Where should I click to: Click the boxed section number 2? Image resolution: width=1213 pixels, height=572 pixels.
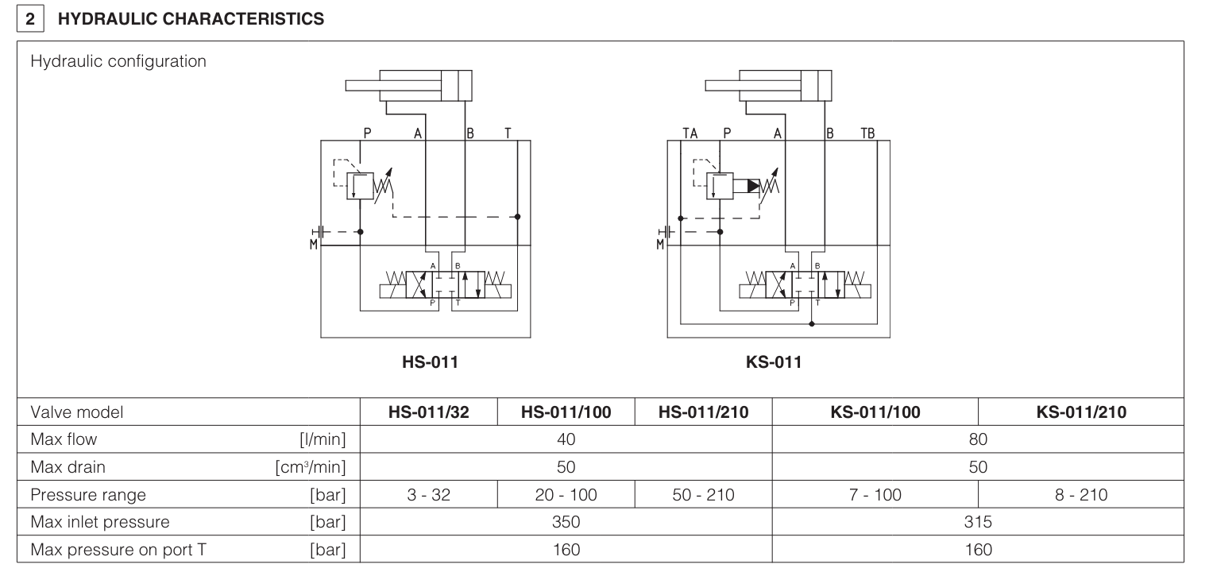tap(29, 19)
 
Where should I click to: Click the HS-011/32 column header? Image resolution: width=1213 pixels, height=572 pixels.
tap(429, 412)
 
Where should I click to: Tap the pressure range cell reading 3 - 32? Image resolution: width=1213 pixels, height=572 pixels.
tap(429, 495)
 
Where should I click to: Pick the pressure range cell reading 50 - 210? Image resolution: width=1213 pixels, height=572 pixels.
tap(704, 495)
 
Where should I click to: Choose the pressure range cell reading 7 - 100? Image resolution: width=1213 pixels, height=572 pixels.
tap(875, 495)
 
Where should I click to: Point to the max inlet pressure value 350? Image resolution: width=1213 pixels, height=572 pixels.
tap(566, 522)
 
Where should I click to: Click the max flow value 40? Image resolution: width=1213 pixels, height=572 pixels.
tap(566, 439)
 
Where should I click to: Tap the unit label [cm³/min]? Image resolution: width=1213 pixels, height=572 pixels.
tap(310, 467)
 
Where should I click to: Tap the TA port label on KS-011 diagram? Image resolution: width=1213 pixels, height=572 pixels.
tap(690, 133)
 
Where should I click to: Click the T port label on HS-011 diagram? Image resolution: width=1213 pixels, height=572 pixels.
tap(508, 133)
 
